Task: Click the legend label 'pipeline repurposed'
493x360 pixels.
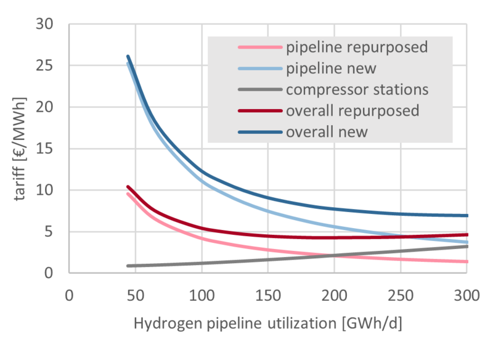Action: (x=357, y=48)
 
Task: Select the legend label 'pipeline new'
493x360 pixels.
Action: (x=331, y=69)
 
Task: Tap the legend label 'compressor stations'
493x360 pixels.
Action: (x=357, y=90)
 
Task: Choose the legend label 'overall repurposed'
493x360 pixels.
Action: (x=352, y=111)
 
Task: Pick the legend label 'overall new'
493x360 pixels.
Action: (x=327, y=132)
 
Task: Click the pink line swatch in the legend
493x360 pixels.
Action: (x=260, y=47)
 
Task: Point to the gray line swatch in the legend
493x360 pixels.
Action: (x=260, y=89)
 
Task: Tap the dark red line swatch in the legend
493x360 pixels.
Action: (x=260, y=111)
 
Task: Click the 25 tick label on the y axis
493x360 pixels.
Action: (x=44, y=66)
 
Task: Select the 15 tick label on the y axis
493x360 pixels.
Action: (x=44, y=149)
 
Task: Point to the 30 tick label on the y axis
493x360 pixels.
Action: (x=44, y=24)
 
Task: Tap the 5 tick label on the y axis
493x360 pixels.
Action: (x=49, y=232)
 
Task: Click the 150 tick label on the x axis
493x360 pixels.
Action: (x=268, y=296)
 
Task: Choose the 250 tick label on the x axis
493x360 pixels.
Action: (x=401, y=296)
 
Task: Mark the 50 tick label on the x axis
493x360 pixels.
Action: (x=136, y=296)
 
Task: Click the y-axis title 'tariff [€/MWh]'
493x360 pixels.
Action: (x=20, y=149)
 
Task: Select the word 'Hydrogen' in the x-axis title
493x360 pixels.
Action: (x=168, y=324)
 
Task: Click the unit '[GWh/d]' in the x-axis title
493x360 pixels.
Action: (x=372, y=324)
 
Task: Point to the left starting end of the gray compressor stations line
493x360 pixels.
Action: (x=128, y=266)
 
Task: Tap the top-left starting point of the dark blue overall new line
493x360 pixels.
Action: (x=128, y=57)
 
